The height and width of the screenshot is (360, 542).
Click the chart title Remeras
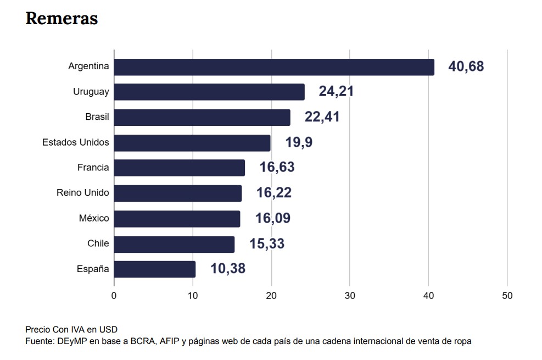(x=62, y=19)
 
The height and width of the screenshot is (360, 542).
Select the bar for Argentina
(x=274, y=67)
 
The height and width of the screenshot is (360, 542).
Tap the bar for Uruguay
(x=209, y=92)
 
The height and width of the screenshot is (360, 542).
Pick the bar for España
(x=155, y=269)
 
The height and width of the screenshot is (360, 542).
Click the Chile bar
(x=174, y=243)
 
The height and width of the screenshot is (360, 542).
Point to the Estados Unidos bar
(x=192, y=142)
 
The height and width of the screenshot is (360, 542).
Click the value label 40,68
(x=466, y=67)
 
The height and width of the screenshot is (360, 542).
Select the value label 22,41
(x=322, y=117)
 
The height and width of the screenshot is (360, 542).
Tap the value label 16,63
(x=277, y=168)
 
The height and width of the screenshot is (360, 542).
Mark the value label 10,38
(x=227, y=269)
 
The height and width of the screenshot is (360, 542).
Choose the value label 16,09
(x=272, y=218)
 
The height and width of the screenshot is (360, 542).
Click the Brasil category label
(x=97, y=117)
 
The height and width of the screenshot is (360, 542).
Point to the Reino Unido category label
(x=83, y=193)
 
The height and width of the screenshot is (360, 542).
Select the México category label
(x=94, y=218)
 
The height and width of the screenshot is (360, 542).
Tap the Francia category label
(x=93, y=168)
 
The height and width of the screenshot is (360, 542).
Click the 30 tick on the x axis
(x=350, y=296)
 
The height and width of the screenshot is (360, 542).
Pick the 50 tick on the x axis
(x=507, y=296)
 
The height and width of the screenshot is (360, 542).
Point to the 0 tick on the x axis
(x=114, y=296)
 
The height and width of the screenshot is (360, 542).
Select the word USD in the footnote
(x=109, y=330)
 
